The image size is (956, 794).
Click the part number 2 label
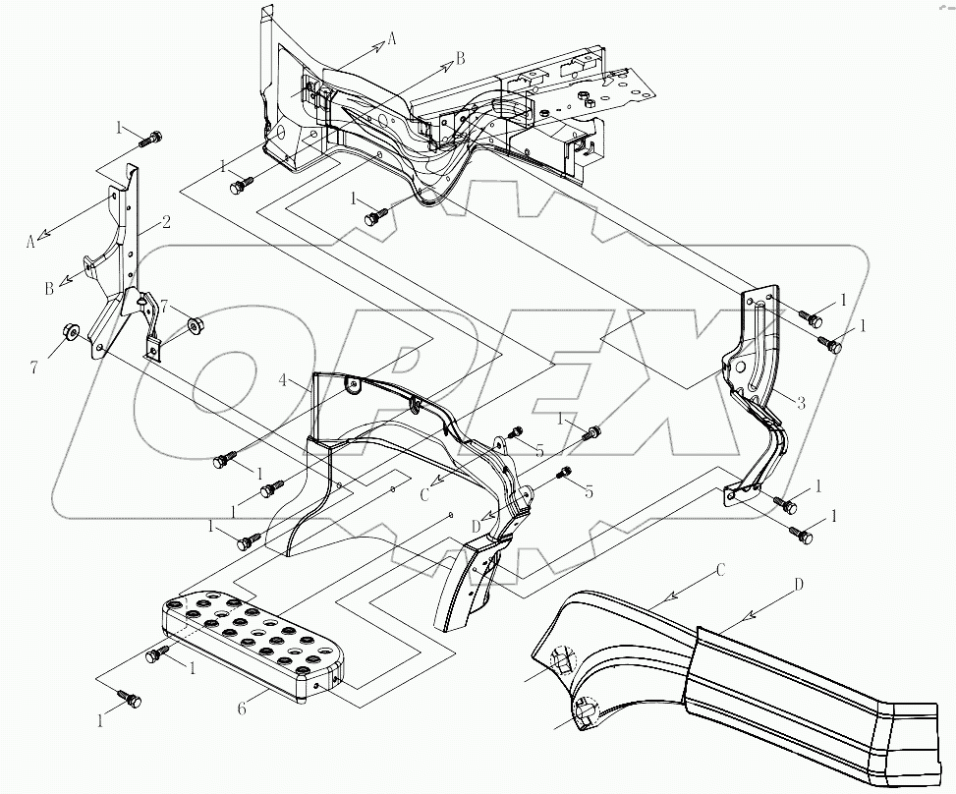pyautogui.click(x=166, y=222)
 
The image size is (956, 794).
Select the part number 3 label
pyautogui.click(x=802, y=401)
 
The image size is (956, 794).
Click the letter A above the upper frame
pyautogui.click(x=392, y=38)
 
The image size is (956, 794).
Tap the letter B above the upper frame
pyautogui.click(x=459, y=59)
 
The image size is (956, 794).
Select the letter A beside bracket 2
pyautogui.click(x=30, y=242)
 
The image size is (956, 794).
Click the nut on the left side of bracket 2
pyautogui.click(x=71, y=331)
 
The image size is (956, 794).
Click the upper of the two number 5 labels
pyautogui.click(x=539, y=450)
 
